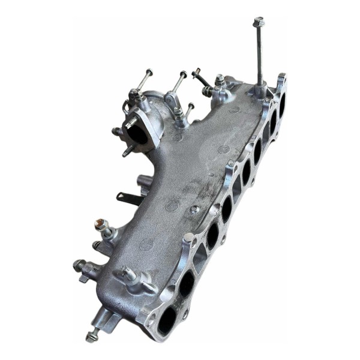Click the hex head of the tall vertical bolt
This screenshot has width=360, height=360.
pyautogui.click(x=259, y=22)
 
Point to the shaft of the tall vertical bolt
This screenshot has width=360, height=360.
pyautogui.click(x=260, y=54)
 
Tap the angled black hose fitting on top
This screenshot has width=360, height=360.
pyautogui.click(x=200, y=77)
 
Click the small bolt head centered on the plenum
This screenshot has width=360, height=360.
pyautogui.click(x=194, y=209)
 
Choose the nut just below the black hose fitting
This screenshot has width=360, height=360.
pyautogui.click(x=208, y=91)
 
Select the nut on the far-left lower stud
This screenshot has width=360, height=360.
pyautogui.click(x=79, y=265)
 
